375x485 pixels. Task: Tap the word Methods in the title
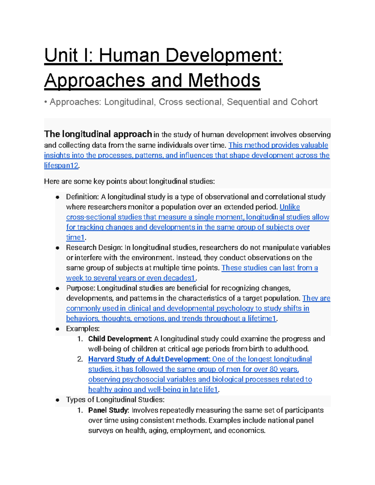tap(224, 80)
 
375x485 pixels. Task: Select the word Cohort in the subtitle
tap(304, 102)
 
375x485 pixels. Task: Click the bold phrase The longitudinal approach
tap(98, 134)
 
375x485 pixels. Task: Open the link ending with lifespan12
tap(61, 166)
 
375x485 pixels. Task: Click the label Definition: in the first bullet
tap(82, 197)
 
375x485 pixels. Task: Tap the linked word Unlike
tap(289, 207)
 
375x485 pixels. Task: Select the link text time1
tap(75, 237)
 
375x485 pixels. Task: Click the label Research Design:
tap(94, 248)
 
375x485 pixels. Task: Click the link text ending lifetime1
tap(262, 319)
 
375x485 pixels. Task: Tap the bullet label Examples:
tap(83, 329)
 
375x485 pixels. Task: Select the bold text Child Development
tap(120, 339)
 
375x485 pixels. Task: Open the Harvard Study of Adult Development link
tap(148, 359)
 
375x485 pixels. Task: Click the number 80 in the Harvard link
tap(273, 369)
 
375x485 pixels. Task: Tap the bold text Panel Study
tap(108, 410)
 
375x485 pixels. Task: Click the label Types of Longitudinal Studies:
tap(115, 400)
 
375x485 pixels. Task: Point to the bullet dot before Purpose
tap(57, 289)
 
